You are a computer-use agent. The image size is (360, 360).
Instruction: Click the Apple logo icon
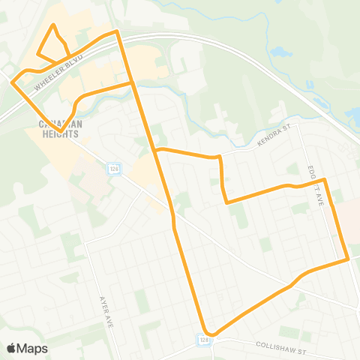[12, 349]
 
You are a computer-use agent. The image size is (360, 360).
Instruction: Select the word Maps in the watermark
[33, 349]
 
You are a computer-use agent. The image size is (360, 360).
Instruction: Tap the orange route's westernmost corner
[12, 83]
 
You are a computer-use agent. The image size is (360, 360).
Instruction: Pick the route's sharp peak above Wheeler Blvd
[117, 31]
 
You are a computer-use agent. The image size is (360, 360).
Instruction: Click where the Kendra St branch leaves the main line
[155, 151]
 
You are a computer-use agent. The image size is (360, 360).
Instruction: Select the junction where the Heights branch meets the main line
[133, 83]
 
